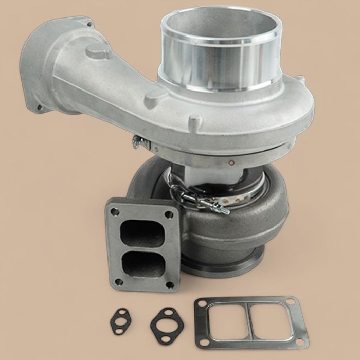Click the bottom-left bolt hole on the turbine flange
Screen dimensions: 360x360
[x=119, y=281]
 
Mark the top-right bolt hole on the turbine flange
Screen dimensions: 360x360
[x=168, y=211]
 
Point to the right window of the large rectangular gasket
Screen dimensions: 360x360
[x=276, y=324]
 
